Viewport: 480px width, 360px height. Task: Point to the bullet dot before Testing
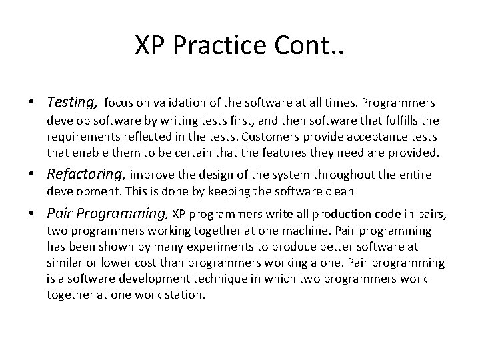point(32,103)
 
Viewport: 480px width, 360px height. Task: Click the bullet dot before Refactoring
point(32,175)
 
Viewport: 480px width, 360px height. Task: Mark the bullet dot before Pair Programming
point(32,214)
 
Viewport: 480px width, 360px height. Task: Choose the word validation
point(179,103)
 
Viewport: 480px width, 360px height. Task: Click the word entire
point(413,175)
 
